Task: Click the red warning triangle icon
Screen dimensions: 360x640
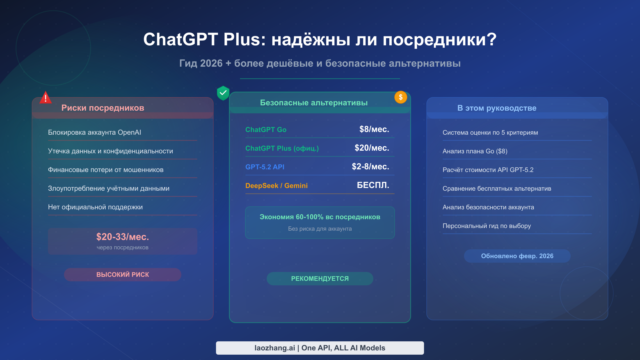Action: (x=46, y=98)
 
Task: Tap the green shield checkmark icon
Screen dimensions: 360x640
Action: (x=223, y=93)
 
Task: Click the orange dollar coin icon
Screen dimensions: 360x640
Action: (x=401, y=97)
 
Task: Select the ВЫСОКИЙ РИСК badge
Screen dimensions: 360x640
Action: (x=123, y=274)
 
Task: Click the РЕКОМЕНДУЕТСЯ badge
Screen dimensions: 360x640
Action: (x=320, y=278)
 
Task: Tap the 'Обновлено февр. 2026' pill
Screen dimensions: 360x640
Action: (x=517, y=256)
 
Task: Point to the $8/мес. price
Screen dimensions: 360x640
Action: (x=374, y=129)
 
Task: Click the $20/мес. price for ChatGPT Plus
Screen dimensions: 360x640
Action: (x=372, y=148)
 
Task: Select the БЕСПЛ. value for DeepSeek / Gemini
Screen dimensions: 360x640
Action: (x=373, y=185)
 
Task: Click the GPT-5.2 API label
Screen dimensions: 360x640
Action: (x=265, y=167)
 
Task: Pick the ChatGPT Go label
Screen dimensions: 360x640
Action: (x=266, y=130)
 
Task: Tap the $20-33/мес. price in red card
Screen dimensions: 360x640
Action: (x=123, y=237)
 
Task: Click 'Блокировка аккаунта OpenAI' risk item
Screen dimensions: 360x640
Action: (x=94, y=133)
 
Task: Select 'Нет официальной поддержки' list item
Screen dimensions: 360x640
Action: (x=95, y=207)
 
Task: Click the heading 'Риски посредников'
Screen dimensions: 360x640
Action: (x=103, y=108)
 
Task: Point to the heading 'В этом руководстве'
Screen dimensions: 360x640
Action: (x=497, y=108)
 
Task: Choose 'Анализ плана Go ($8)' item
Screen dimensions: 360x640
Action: (x=475, y=151)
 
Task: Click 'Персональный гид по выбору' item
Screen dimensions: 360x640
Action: (x=487, y=226)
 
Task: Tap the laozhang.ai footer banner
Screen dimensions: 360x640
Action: (x=320, y=348)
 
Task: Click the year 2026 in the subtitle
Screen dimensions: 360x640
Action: (x=211, y=63)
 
